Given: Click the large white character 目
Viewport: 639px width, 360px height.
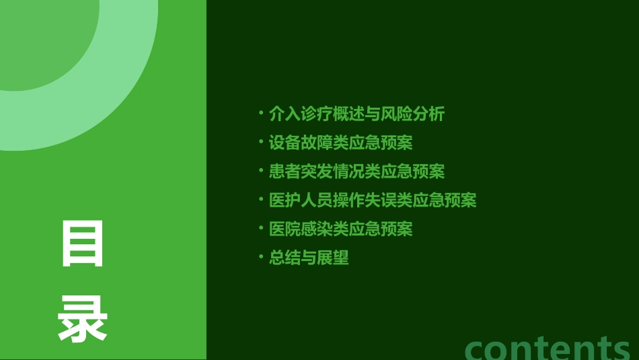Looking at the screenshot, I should (x=83, y=244).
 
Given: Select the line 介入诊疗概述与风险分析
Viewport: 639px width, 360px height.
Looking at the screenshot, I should (x=356, y=114).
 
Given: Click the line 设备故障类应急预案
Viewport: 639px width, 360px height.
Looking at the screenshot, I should (x=340, y=143).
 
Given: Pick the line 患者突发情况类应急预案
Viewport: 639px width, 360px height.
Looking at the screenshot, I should (x=356, y=171).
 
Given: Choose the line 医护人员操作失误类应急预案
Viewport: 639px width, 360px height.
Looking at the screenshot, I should (x=373, y=200).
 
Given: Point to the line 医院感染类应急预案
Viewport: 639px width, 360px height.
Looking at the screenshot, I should (x=340, y=229).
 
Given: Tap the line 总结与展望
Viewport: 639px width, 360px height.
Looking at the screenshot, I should (x=309, y=258).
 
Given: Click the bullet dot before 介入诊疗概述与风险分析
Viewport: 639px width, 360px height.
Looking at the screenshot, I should (x=261, y=113).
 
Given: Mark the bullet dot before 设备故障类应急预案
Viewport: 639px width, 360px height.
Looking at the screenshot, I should (x=261, y=142).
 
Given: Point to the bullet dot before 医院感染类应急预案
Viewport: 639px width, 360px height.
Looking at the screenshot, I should (x=261, y=228).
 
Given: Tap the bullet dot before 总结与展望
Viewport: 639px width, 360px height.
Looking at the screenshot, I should (x=261, y=257).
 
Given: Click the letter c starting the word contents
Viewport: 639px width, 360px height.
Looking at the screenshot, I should (x=478, y=349).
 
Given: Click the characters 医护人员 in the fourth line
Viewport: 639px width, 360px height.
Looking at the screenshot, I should (x=301, y=200).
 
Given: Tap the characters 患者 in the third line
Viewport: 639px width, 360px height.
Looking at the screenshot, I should (x=285, y=171).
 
